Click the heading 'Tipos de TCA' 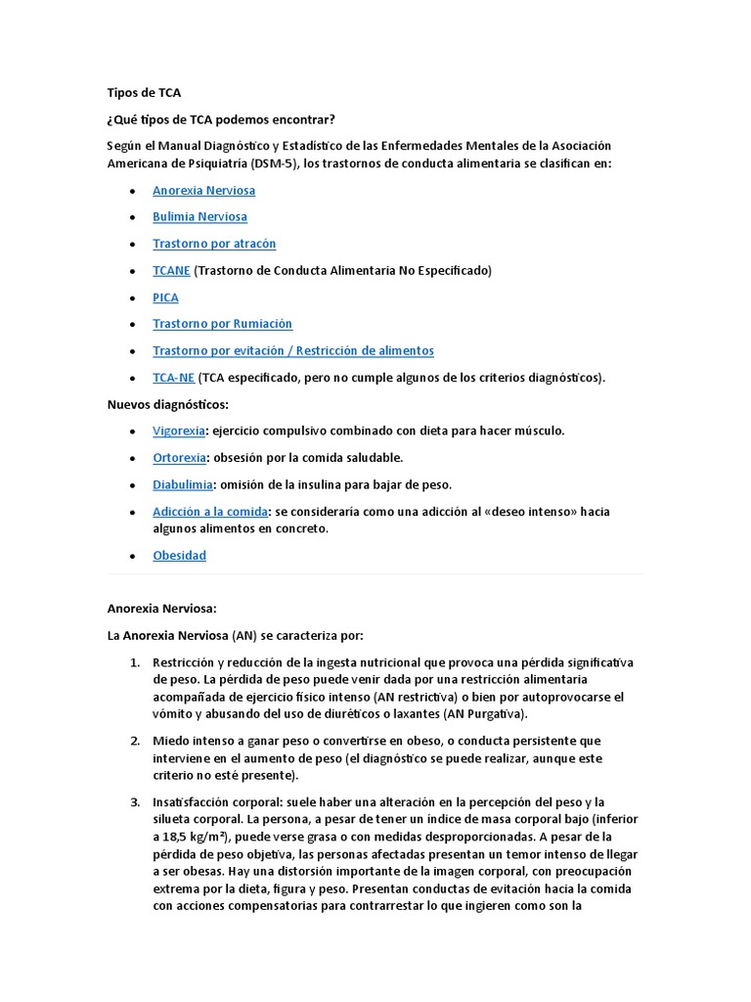click(144, 93)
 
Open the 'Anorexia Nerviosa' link click(203, 190)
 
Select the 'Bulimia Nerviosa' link click(199, 216)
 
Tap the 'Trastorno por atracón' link click(214, 244)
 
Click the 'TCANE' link click(171, 270)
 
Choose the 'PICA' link click(165, 296)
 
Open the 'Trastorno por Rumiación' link click(222, 324)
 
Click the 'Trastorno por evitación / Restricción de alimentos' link click(292, 350)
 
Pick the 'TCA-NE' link click(173, 378)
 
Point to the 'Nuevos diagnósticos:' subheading click(167, 404)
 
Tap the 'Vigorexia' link click(179, 431)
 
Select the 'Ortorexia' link click(179, 457)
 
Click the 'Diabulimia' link click(183, 484)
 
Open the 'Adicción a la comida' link click(210, 511)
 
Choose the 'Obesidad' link click(179, 555)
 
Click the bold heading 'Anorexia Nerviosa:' click(161, 608)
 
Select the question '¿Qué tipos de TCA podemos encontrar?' click(220, 119)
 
